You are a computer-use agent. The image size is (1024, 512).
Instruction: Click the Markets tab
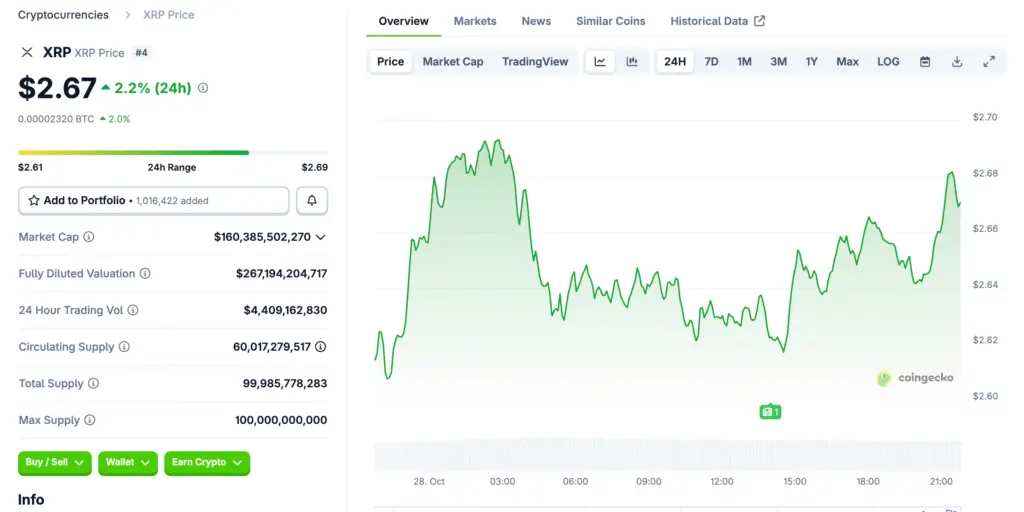tap(475, 21)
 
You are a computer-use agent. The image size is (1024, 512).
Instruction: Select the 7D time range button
tap(711, 62)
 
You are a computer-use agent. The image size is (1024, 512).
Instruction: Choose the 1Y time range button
tap(811, 62)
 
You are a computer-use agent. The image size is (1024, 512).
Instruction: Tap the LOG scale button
tap(888, 62)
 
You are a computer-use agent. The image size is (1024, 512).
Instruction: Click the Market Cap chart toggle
tap(452, 62)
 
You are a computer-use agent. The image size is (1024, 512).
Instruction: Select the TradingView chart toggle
tap(535, 62)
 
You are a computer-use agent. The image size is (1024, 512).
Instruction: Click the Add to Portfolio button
tap(154, 201)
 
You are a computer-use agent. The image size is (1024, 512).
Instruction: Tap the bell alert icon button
tap(312, 201)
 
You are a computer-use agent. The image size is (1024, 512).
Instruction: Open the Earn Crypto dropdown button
tap(206, 463)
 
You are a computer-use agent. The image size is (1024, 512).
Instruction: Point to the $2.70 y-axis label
tap(985, 118)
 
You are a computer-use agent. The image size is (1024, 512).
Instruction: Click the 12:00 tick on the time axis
tap(722, 482)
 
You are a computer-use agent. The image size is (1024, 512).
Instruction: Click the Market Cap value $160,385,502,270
tap(262, 237)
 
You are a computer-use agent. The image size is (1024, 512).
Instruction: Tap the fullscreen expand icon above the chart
tap(989, 62)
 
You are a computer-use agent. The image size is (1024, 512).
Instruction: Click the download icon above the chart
tap(957, 62)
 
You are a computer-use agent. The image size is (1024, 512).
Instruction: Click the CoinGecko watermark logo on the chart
tap(915, 378)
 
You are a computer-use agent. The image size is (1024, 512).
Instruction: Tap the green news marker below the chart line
tap(769, 411)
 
